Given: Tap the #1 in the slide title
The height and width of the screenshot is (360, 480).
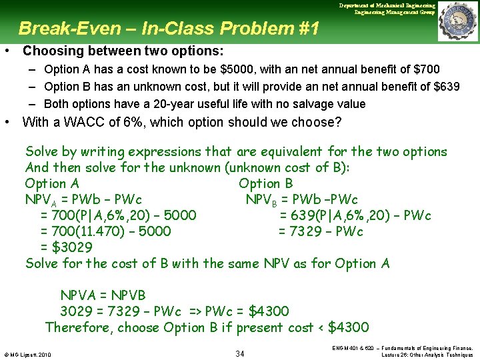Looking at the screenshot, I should click(x=307, y=29).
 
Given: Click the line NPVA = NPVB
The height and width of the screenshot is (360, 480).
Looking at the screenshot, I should click(x=103, y=295).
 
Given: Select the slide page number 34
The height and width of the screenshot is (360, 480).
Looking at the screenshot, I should click(x=240, y=353).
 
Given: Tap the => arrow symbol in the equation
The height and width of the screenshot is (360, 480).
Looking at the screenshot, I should click(x=194, y=311).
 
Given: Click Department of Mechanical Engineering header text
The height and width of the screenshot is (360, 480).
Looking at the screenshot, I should click(x=386, y=5).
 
